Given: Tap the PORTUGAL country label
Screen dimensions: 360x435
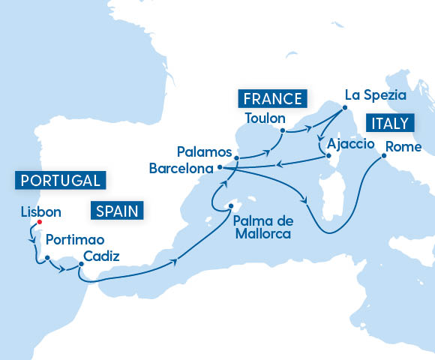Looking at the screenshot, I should click(x=60, y=180).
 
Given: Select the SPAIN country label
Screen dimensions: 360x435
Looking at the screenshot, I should click(x=117, y=211).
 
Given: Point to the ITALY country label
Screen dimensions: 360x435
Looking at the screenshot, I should click(x=388, y=123).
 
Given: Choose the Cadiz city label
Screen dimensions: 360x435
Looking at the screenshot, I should click(x=101, y=256).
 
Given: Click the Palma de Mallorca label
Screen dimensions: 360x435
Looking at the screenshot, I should click(x=262, y=226).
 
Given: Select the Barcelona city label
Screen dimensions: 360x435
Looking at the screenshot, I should click(x=181, y=168).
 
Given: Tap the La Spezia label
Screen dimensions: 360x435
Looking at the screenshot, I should click(x=374, y=95).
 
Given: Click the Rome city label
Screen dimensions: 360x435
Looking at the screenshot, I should click(x=404, y=147).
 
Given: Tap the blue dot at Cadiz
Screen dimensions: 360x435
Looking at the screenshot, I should click(x=79, y=263).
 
